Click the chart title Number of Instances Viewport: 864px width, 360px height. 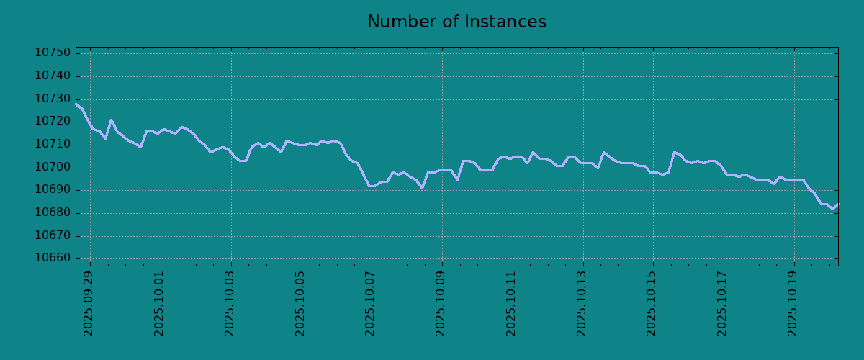pyautogui.click(x=456, y=22)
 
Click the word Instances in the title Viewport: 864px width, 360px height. pyautogui.click(x=505, y=22)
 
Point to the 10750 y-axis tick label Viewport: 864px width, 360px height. pyautogui.click(x=53, y=53)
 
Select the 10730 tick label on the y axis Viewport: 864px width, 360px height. pyautogui.click(x=53, y=99)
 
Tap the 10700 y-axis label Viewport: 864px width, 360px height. pyautogui.click(x=53, y=168)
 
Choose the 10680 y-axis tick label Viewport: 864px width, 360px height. pyautogui.click(x=53, y=212)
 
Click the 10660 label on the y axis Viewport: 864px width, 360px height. pyautogui.click(x=53, y=258)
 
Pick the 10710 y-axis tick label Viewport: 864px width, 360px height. pyautogui.click(x=53, y=144)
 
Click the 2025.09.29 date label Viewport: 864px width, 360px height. pyautogui.click(x=89, y=304)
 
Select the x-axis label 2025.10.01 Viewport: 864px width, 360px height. pyautogui.click(x=159, y=304)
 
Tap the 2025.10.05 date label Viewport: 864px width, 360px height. pyautogui.click(x=300, y=304)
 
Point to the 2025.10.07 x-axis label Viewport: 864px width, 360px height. pyautogui.click(x=370, y=304)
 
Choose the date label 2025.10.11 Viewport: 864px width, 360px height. pyautogui.click(x=510, y=304)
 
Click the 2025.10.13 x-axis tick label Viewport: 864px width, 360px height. pyautogui.click(x=581, y=304)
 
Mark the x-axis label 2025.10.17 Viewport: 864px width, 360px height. pyautogui.click(x=721, y=304)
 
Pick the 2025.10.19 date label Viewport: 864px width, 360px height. pyautogui.click(x=792, y=304)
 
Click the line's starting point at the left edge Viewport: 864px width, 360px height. pyautogui.click(x=76, y=104)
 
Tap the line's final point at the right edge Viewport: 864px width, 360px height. pyautogui.click(x=838, y=204)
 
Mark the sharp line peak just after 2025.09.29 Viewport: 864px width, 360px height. pyautogui.click(x=111, y=120)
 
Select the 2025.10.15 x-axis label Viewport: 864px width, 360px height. pyautogui.click(x=652, y=304)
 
